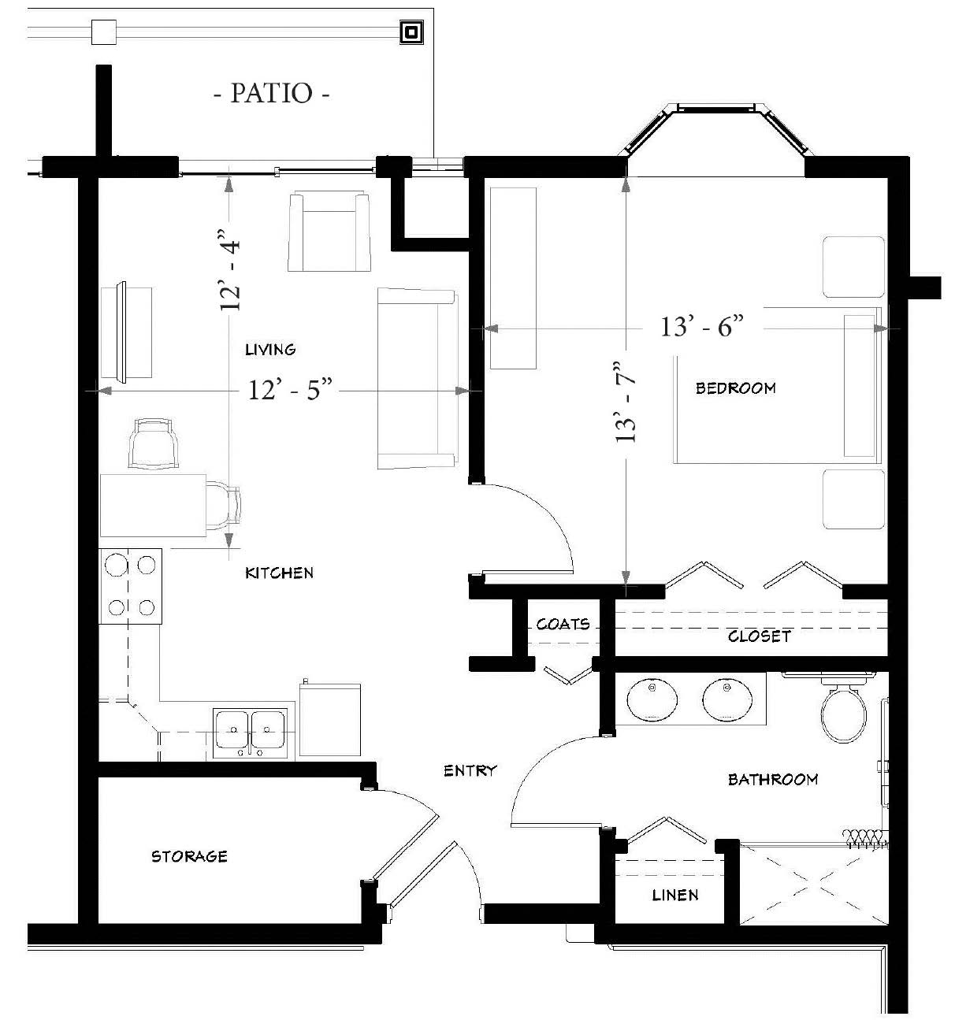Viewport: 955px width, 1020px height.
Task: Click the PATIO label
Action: pyautogui.click(x=271, y=94)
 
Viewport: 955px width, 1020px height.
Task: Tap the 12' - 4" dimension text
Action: pyautogui.click(x=230, y=270)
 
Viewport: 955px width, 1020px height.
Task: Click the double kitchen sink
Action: pyautogui.click(x=251, y=733)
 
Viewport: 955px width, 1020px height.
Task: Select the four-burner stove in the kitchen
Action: pyautogui.click(x=131, y=586)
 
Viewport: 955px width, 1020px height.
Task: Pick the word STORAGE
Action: pyautogui.click(x=189, y=856)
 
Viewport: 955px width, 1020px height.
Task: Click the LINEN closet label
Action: pyautogui.click(x=674, y=895)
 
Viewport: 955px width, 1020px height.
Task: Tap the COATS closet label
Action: pyautogui.click(x=563, y=624)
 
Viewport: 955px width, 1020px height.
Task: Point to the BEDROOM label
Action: pyautogui.click(x=735, y=388)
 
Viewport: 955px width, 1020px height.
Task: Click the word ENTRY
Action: pyautogui.click(x=470, y=770)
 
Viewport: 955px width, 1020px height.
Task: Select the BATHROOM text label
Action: pyautogui.click(x=773, y=780)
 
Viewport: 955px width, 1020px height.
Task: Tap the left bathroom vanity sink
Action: pyautogui.click(x=652, y=699)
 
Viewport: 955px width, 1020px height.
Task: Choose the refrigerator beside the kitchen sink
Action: pyautogui.click(x=330, y=720)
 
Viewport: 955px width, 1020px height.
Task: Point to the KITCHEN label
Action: pyautogui.click(x=279, y=573)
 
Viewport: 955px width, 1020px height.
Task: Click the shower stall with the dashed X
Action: pyautogui.click(x=814, y=884)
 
